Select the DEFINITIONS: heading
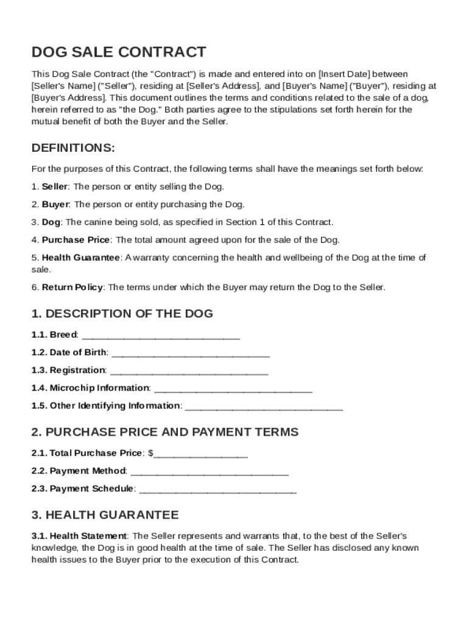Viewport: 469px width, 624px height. click(72, 148)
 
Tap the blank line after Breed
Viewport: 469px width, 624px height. click(160, 335)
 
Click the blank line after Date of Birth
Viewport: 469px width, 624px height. click(191, 353)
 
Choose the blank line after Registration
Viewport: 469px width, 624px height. click(189, 370)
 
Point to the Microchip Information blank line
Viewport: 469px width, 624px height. click(233, 388)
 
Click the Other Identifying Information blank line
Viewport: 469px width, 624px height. click(263, 406)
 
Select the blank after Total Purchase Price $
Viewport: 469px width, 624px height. click(201, 453)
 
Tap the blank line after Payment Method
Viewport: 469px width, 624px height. click(210, 471)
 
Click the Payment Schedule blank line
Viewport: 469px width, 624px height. click(218, 489)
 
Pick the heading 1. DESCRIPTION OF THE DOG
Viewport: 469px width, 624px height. click(122, 314)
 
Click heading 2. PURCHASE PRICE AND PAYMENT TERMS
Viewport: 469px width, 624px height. click(164, 432)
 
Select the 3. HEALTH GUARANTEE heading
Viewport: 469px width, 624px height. click(105, 515)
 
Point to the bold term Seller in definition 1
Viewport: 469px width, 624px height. click(55, 186)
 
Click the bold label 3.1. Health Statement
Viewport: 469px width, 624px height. click(79, 536)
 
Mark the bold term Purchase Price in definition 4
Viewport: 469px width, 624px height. click(76, 239)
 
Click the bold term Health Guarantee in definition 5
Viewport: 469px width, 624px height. click(80, 258)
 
